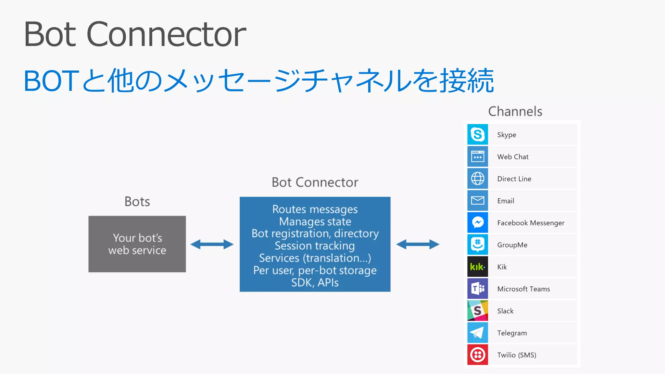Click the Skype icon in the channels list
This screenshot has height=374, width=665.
pos(478,134)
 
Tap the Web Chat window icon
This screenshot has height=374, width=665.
pos(478,156)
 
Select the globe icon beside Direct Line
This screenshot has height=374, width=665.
pos(478,179)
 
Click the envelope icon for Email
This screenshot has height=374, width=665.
pos(478,201)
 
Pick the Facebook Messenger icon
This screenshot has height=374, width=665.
pos(478,223)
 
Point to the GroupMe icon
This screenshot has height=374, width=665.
pos(478,245)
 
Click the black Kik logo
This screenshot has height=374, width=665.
pos(478,267)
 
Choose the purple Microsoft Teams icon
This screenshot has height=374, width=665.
pos(478,289)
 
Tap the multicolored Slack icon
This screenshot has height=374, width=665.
pos(478,311)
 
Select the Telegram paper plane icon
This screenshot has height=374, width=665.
pos(478,333)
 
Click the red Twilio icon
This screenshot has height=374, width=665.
pos(478,355)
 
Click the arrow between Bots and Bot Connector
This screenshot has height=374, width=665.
pos(212,244)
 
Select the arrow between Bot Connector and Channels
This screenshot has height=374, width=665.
pos(418,244)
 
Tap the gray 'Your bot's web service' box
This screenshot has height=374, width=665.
pos(137,244)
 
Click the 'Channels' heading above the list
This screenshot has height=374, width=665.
pos(515,111)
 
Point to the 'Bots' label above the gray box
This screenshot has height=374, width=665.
pos(137,202)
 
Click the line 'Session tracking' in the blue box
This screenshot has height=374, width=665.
pos(315,246)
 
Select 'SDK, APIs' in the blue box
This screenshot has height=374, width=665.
pos(315,282)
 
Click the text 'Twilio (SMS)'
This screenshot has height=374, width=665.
pos(517,355)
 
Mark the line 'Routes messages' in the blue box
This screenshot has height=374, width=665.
pos(315,209)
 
